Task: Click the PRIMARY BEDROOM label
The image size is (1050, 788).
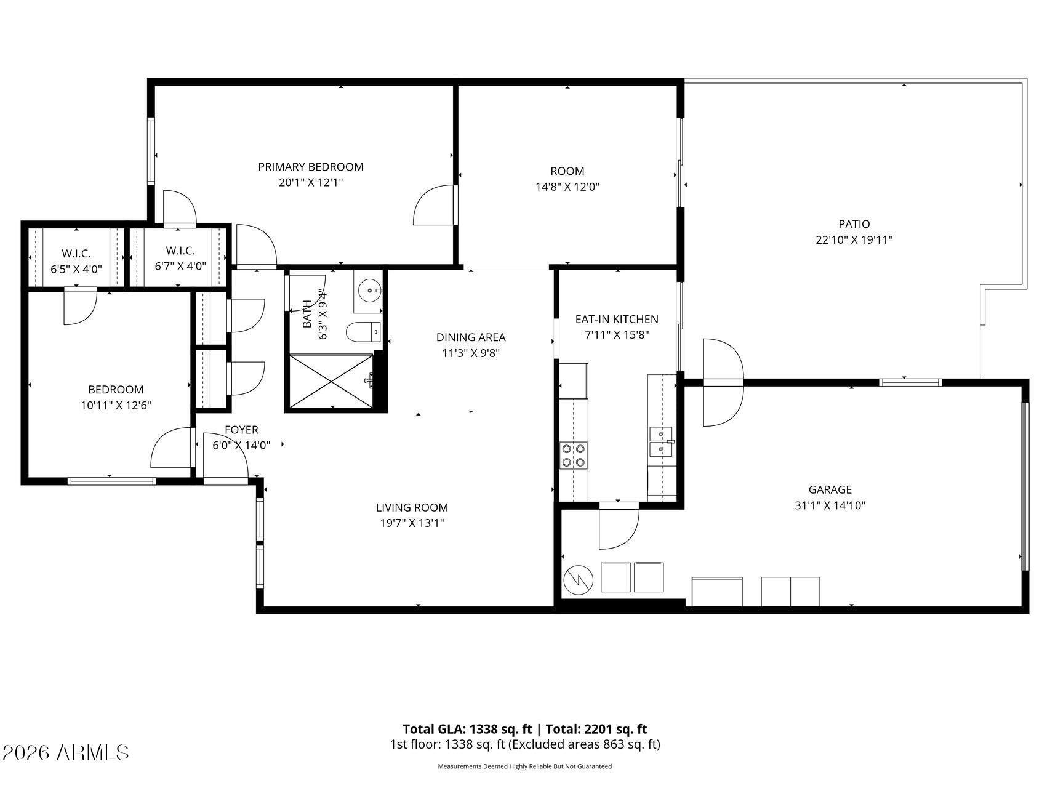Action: click(x=310, y=167)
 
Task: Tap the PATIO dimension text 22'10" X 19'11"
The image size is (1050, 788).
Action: click(x=854, y=240)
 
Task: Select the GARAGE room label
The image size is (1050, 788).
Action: click(x=830, y=489)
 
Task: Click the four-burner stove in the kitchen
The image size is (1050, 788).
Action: click(x=574, y=456)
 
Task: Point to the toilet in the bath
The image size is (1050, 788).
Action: click(x=364, y=333)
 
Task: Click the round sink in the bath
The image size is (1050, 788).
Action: click(x=369, y=289)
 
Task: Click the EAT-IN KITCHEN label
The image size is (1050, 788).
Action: click(x=617, y=319)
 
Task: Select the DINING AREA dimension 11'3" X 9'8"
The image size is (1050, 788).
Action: click(x=471, y=353)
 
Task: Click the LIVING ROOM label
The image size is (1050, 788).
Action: click(x=412, y=507)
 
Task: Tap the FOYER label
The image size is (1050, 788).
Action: click(x=241, y=430)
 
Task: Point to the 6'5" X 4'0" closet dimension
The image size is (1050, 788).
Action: click(x=76, y=269)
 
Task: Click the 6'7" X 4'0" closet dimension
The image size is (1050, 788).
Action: click(x=180, y=267)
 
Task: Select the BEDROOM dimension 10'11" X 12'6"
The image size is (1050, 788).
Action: click(x=116, y=405)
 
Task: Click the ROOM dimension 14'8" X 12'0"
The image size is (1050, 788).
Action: click(x=567, y=187)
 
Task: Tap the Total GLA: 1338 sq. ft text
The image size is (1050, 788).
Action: click(x=467, y=730)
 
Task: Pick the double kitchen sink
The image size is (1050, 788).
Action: click(x=660, y=442)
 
